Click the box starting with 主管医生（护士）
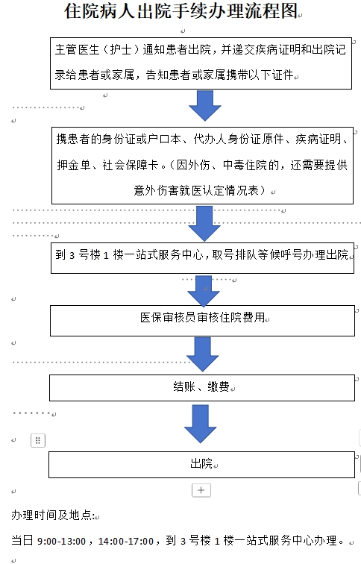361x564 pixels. [201, 63]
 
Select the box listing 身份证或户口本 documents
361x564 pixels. [201, 163]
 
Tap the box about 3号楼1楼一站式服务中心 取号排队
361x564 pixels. [201, 254]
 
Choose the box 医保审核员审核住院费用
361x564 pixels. [201, 318]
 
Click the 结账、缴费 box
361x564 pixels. [201, 387]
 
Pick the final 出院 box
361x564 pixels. [201, 463]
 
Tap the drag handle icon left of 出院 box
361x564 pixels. [38, 440]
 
